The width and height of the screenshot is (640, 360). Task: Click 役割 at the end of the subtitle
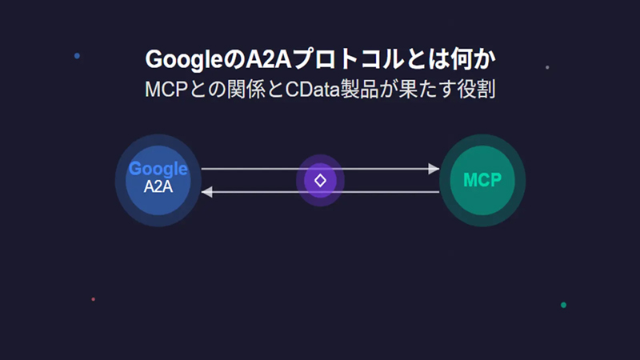(478, 88)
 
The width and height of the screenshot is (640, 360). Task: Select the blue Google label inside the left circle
(158, 169)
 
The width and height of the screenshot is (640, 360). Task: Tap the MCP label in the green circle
(482, 179)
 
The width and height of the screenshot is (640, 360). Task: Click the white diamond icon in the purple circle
(320, 180)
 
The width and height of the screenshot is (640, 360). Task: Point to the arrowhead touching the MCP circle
(434, 169)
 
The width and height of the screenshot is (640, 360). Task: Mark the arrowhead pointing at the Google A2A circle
(206, 192)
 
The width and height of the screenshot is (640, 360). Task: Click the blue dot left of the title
(77, 56)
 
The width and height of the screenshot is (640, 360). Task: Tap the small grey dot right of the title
(547, 67)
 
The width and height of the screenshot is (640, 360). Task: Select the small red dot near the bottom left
(94, 299)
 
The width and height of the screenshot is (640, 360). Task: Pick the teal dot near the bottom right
(563, 305)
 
